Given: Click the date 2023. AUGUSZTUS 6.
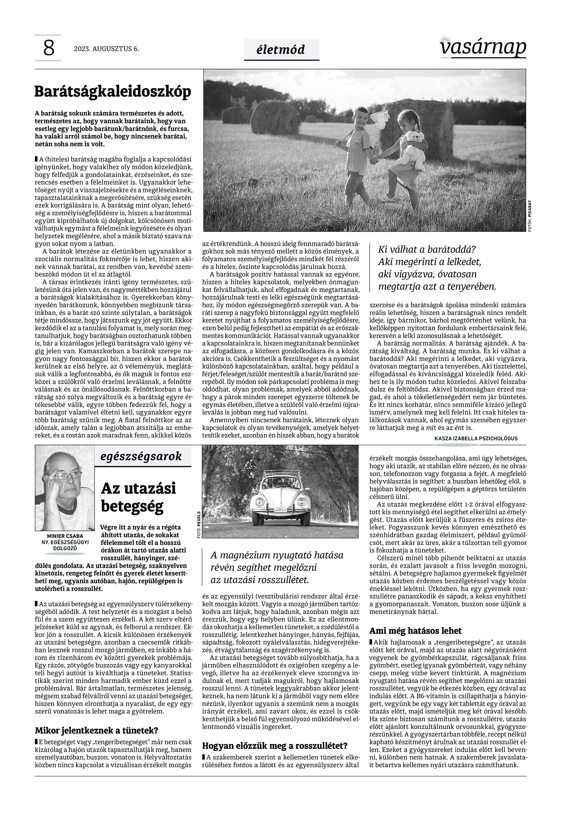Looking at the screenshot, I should pos(106,49).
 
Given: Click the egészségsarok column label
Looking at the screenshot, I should pos(141,456).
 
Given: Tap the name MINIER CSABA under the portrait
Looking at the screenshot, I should pos(65,536).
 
